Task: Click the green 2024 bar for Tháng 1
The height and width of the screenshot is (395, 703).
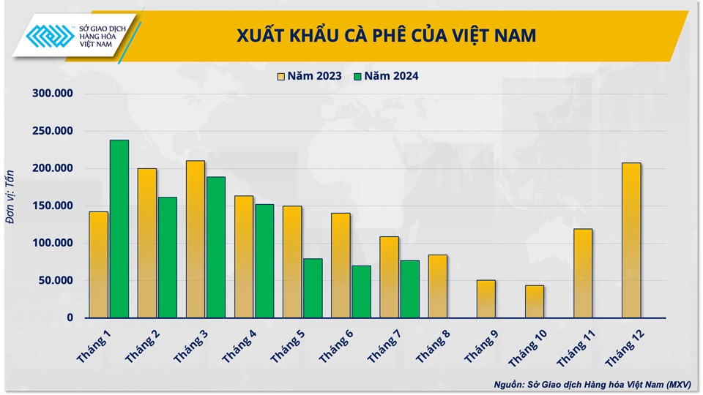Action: pyautogui.click(x=119, y=228)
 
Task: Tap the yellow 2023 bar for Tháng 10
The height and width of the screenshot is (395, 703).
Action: pyautogui.click(x=535, y=301)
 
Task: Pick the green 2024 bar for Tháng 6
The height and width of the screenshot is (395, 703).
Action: pyautogui.click(x=361, y=291)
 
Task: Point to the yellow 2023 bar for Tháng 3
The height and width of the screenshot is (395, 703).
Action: pyautogui.click(x=196, y=239)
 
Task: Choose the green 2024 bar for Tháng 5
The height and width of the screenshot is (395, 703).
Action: pyautogui.click(x=313, y=288)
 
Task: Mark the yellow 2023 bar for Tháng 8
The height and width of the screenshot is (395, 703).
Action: pyautogui.click(x=438, y=286)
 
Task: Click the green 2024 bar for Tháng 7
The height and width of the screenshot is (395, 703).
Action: pyautogui.click(x=409, y=289)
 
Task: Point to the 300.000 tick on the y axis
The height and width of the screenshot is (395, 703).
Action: pyautogui.click(x=53, y=94)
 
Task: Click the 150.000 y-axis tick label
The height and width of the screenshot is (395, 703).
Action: pyautogui.click(x=53, y=206)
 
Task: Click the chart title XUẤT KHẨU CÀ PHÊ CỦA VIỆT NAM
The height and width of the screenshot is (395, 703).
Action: pyautogui.click(x=386, y=35)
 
